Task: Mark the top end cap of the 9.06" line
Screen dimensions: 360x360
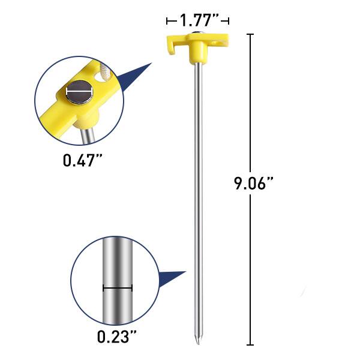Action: coord(250,35)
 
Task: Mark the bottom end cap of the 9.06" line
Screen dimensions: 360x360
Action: coord(250,345)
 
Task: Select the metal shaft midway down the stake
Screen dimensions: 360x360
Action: coord(197,192)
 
